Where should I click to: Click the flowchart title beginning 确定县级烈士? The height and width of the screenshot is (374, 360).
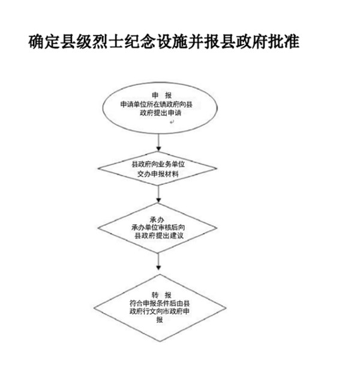click(164, 42)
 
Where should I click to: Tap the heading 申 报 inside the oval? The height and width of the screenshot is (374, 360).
click(161, 95)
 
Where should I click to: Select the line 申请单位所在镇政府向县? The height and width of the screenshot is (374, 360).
click(157, 104)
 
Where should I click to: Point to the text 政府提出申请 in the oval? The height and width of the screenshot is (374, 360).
click(160, 113)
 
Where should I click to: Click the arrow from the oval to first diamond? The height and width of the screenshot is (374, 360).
click(159, 142)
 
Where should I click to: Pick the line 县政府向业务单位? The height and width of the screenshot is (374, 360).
click(158, 164)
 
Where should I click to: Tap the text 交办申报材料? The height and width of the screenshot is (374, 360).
click(158, 174)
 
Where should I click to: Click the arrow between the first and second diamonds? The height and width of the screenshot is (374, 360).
click(158, 194)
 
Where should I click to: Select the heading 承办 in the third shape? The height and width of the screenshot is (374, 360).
click(157, 219)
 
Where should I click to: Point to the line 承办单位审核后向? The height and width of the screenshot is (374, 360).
click(158, 227)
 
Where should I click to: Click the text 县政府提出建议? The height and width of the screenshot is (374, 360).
click(159, 236)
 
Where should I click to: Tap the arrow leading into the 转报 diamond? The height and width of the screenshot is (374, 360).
click(158, 262)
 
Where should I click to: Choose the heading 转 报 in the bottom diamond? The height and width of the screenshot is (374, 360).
click(161, 295)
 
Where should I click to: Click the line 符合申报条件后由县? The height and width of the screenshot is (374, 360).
click(160, 303)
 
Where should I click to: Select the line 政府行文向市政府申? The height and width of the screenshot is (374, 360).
click(160, 311)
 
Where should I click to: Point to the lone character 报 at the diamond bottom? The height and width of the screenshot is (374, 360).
click(160, 319)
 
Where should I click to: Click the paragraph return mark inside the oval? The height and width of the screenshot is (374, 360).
click(172, 122)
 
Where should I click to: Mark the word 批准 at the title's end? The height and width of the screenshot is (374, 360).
click(284, 42)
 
